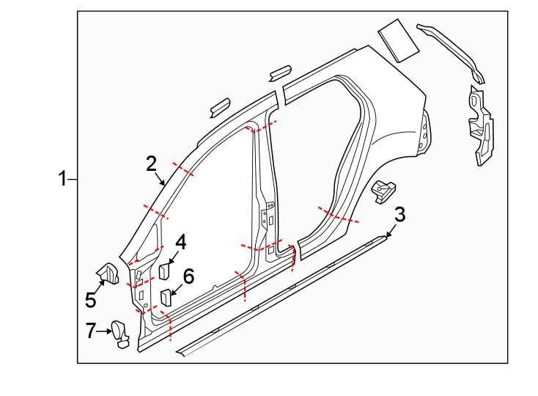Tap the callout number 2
(x=152, y=163)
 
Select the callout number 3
(x=399, y=215)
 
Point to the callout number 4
(x=180, y=241)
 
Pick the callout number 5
(x=91, y=300)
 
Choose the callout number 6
(x=188, y=276)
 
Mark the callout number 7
(x=91, y=331)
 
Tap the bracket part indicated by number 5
(x=109, y=274)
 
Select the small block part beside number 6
(x=166, y=297)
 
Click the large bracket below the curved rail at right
(x=478, y=125)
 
